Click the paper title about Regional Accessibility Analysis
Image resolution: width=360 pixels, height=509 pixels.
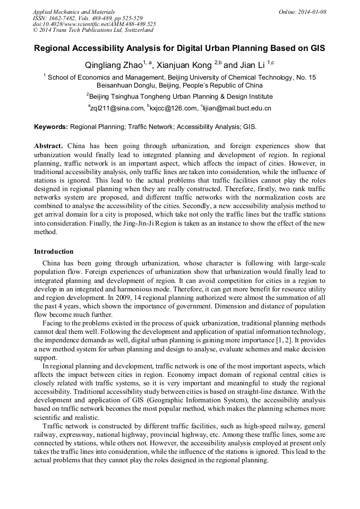(179, 48)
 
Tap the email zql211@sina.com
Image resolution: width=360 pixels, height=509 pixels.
(117, 108)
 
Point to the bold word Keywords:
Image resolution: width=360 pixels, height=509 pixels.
(50, 127)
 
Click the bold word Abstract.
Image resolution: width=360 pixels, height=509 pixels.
(49, 146)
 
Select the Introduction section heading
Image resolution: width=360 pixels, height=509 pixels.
(54, 251)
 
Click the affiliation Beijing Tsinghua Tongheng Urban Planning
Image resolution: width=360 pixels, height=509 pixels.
(180, 97)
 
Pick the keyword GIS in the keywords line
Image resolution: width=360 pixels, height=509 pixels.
(249, 127)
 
